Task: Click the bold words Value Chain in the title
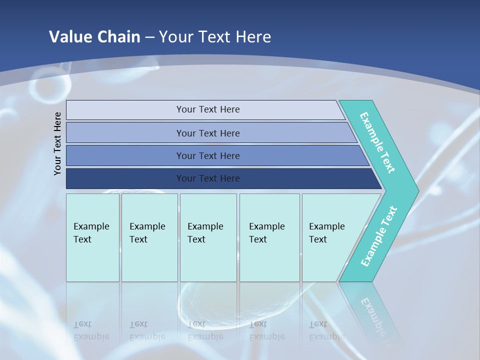click(94, 36)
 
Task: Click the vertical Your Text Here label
click(57, 143)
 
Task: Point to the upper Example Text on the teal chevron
click(377, 142)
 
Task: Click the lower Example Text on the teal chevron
click(378, 236)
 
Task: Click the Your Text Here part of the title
click(215, 36)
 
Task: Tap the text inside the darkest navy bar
click(208, 178)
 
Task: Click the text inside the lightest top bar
click(208, 109)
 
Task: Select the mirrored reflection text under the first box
click(91, 330)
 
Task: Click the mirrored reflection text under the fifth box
click(326, 330)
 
